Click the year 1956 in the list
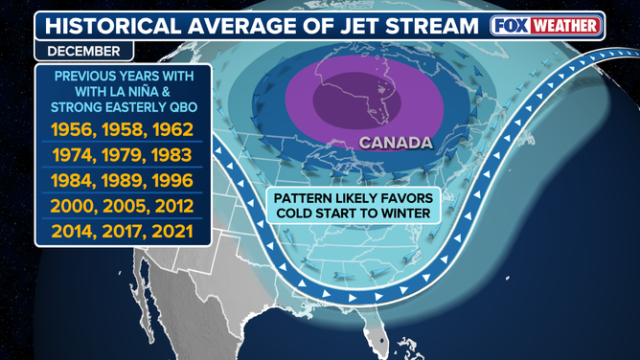pos(70,127)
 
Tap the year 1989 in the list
pos(123,180)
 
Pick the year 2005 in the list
pos(123,206)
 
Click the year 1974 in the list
pos(70,153)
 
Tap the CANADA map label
pos(395,145)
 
